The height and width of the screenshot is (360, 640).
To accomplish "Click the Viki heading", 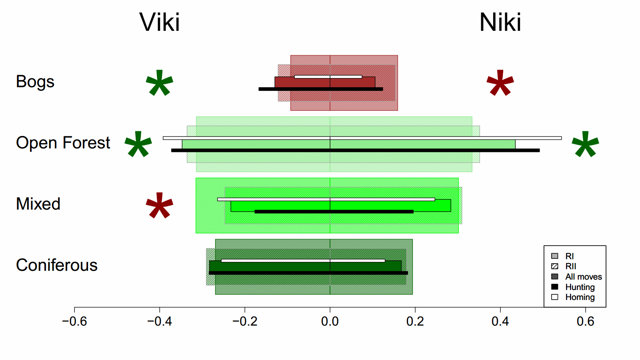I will [x=160, y=22].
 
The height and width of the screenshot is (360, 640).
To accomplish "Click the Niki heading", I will [x=500, y=22].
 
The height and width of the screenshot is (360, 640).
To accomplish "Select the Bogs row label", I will [x=35, y=82].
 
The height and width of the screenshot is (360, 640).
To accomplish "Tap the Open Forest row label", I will [x=63, y=143].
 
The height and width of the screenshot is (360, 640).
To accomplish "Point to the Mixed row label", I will [x=38, y=204].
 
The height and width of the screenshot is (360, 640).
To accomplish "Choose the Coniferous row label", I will [x=57, y=265].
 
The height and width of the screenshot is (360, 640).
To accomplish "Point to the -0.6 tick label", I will [x=74, y=321].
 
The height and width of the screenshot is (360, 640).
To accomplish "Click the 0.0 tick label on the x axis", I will [x=330, y=321].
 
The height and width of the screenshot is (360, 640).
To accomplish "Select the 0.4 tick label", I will [x=500, y=321].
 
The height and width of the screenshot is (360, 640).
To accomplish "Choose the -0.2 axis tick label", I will [x=245, y=321].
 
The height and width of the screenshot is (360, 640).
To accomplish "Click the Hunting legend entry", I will [x=580, y=287].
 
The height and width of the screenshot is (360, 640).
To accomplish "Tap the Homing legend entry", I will [x=580, y=297].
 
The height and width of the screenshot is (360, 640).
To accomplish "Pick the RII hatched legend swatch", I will [x=555, y=266].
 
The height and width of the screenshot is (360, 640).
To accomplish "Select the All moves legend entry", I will [x=583, y=277].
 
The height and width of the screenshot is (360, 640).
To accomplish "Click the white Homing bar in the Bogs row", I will [x=328, y=77].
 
